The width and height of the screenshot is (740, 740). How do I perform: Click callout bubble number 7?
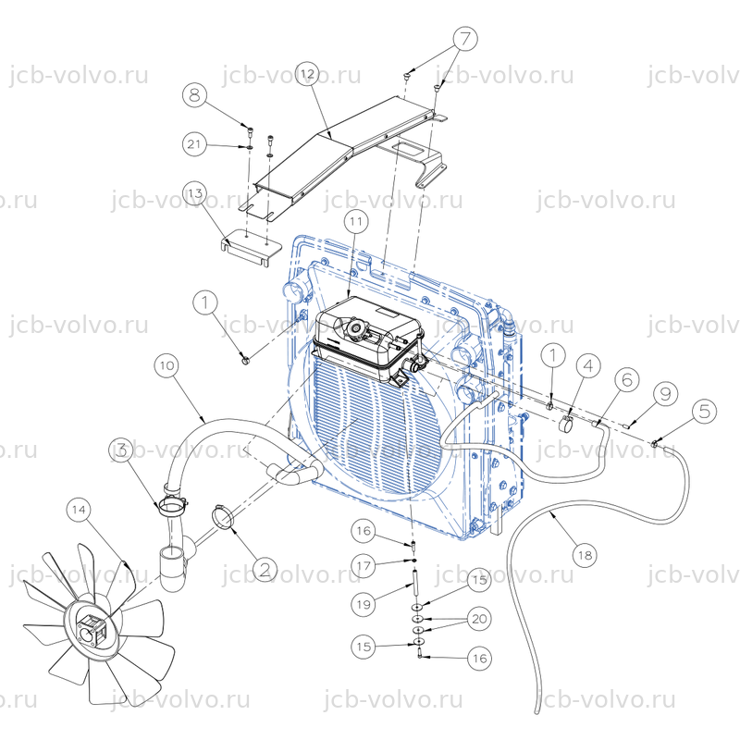(x=465, y=39)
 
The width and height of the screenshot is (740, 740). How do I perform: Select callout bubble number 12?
(x=308, y=74)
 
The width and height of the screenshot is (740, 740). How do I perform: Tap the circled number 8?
(x=195, y=95)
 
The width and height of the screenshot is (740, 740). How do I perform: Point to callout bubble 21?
(x=195, y=144)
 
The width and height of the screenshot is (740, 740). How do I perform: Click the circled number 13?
(x=195, y=193)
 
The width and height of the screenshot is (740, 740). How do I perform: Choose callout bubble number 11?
(x=356, y=221)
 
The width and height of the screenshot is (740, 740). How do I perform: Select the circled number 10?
(x=167, y=365)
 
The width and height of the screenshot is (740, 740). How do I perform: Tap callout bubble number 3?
(x=122, y=450)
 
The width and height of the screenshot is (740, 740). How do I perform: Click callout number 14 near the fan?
(x=80, y=510)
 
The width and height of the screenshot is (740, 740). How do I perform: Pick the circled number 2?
(x=265, y=569)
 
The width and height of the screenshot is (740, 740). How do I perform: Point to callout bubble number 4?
(x=588, y=365)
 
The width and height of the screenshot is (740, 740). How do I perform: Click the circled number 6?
(x=627, y=380)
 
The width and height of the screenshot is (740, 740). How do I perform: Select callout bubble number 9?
(x=665, y=394)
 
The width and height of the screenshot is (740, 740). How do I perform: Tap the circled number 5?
(x=704, y=411)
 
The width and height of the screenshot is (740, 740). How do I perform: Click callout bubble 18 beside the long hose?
(x=586, y=555)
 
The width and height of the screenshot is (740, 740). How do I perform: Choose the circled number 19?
(x=364, y=604)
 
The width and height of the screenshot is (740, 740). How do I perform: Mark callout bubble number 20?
(x=479, y=619)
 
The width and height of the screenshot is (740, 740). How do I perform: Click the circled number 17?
(x=364, y=565)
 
